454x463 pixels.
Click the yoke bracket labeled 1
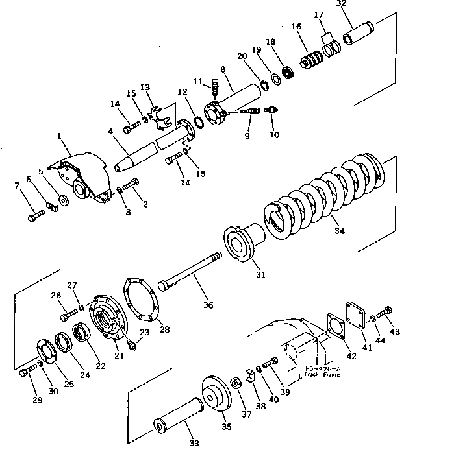(82, 174)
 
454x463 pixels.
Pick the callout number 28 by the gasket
(165, 330)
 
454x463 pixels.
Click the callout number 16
(296, 27)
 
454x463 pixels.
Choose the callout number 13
(144, 88)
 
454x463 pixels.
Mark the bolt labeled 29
(27, 372)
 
